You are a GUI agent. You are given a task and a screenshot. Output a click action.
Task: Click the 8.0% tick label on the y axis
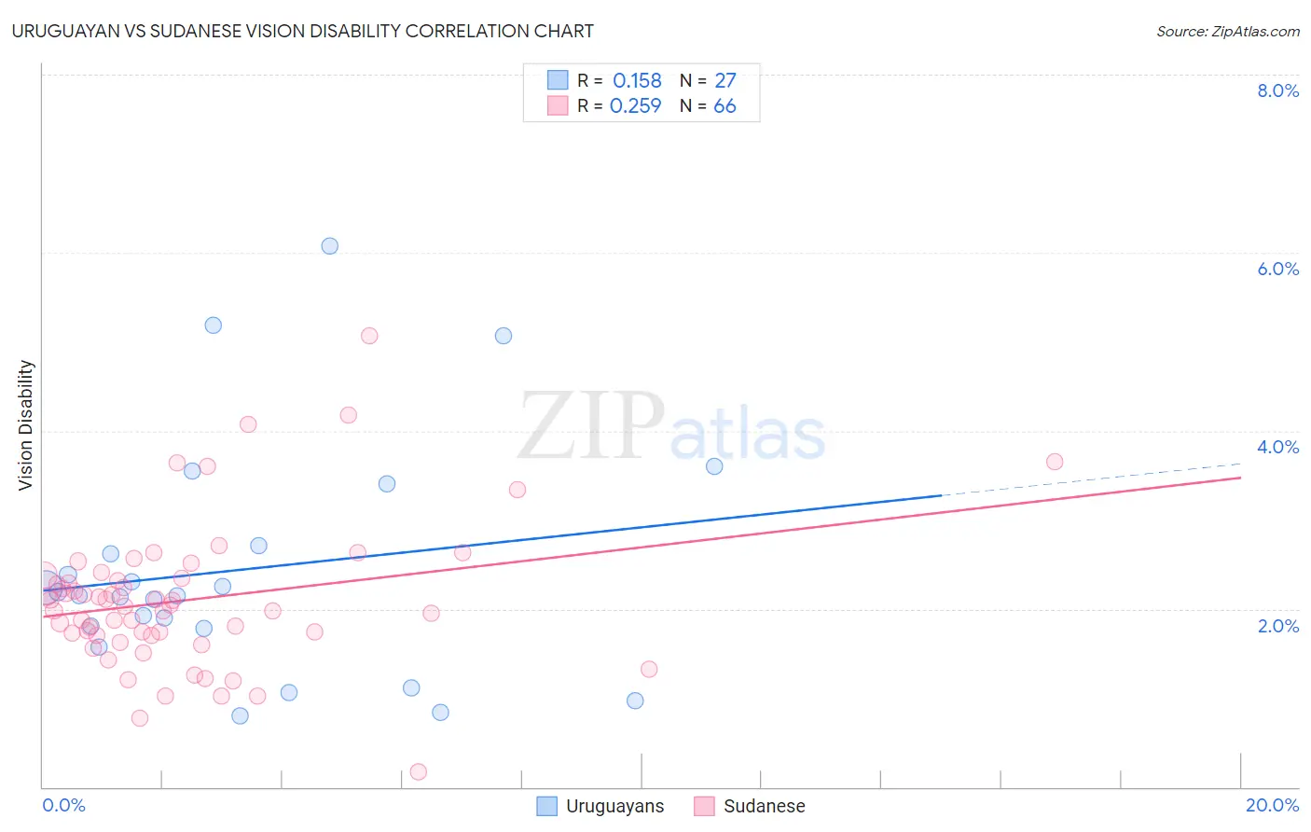tap(1277, 90)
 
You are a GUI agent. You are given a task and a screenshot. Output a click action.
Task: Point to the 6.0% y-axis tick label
tap(1277, 269)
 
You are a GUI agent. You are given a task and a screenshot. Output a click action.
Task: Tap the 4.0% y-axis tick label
tap(1277, 447)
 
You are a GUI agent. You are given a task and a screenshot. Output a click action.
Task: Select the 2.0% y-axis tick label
tap(1277, 625)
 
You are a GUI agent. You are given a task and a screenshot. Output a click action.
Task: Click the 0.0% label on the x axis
tap(63, 805)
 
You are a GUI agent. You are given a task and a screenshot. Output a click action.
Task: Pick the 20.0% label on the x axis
tap(1272, 805)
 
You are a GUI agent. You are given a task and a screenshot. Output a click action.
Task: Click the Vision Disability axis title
tap(26, 424)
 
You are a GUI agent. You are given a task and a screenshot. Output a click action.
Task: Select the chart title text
tap(303, 31)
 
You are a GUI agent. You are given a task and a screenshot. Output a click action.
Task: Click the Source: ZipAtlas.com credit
tap(1227, 31)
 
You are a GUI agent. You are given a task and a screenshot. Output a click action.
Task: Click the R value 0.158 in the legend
tap(637, 81)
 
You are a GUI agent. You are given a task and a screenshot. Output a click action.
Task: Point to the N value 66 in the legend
tap(724, 106)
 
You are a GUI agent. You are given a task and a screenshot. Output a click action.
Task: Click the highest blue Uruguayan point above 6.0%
tap(329, 246)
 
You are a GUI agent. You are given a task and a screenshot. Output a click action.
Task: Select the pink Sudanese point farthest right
tap(1055, 462)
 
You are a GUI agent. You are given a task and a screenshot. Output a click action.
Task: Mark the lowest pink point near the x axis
tap(419, 771)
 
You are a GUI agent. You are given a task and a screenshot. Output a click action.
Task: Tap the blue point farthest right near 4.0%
tap(714, 466)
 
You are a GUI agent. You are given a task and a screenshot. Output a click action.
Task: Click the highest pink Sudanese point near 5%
tap(369, 336)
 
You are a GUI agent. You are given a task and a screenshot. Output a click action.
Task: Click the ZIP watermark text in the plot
tap(591, 426)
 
